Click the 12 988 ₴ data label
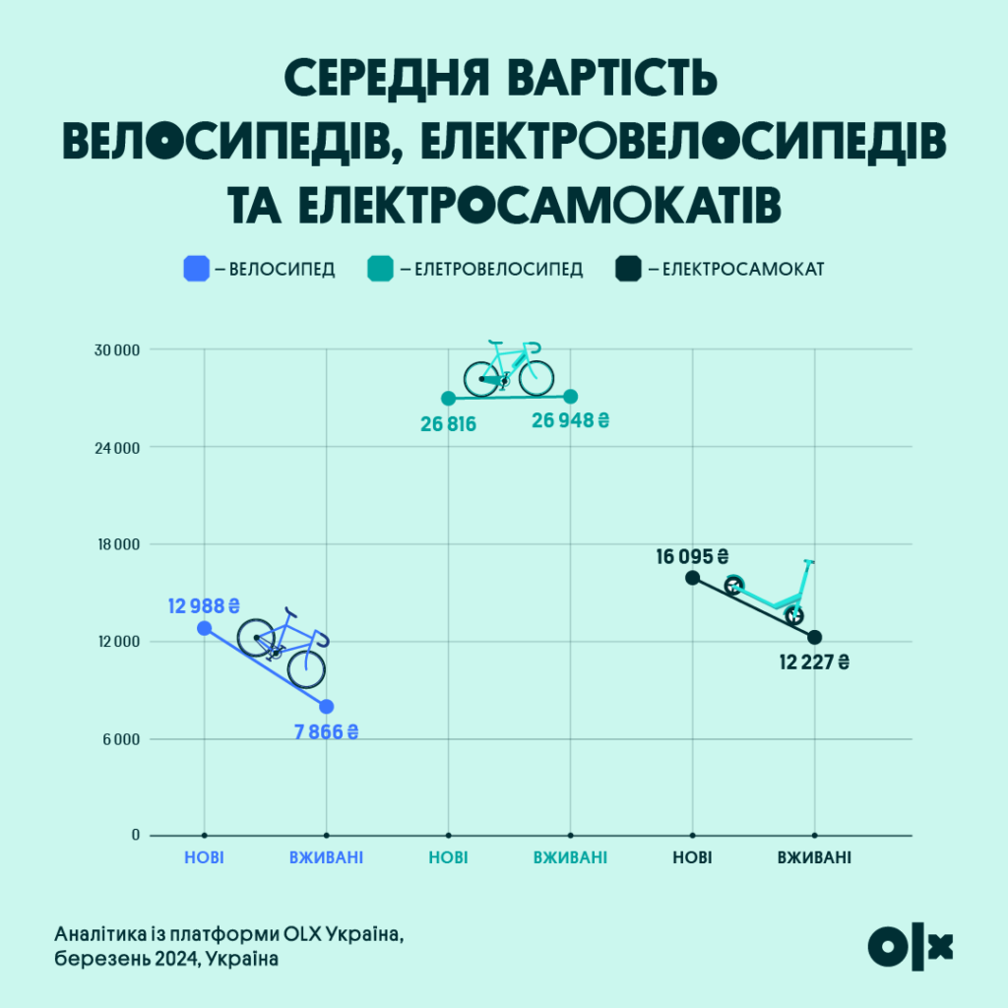coord(205,605)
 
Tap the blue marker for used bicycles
coord(327,706)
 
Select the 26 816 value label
coord(448,425)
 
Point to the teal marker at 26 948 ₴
coord(571,397)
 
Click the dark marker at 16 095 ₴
coord(693,578)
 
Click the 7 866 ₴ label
coord(326,732)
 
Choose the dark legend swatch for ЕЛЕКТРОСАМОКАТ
coord(628,269)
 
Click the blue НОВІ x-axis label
coord(204,857)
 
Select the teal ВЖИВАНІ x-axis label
coord(571,857)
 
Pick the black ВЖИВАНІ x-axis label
coord(814,857)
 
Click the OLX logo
coord(911,946)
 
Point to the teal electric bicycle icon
coord(509,368)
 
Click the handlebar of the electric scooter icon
coord(809,562)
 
